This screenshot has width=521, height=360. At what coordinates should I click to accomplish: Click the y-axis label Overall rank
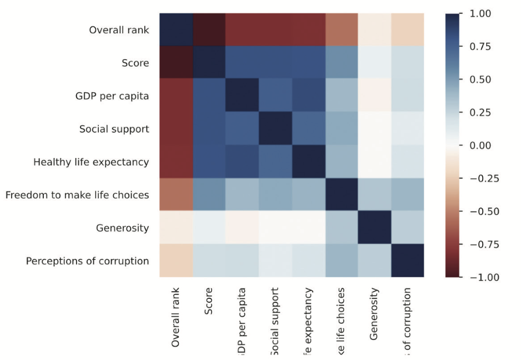[x=119, y=30]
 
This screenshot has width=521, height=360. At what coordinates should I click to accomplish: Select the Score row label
[x=135, y=63]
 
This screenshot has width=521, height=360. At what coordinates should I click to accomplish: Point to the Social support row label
[x=114, y=129]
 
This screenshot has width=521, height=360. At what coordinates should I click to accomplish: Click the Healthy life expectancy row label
[x=91, y=162]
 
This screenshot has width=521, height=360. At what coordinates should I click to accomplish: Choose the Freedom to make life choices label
[x=77, y=195]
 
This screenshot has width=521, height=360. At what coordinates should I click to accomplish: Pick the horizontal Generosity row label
[x=122, y=228]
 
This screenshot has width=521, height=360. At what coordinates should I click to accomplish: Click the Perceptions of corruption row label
[x=88, y=261]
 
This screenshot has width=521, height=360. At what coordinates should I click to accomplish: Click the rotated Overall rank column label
[x=175, y=317]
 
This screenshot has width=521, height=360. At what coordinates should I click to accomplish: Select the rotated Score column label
[x=209, y=301]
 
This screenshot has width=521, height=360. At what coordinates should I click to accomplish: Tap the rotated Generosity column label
[x=375, y=313]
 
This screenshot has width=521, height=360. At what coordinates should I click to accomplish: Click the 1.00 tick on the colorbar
[x=480, y=14]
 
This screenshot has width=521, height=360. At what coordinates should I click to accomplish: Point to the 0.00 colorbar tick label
[x=480, y=145]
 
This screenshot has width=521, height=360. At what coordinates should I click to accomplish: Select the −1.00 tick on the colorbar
[x=477, y=277]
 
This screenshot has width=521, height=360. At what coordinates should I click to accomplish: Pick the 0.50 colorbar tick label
[x=480, y=80]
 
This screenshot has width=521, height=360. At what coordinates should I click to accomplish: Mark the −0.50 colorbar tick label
[x=477, y=211]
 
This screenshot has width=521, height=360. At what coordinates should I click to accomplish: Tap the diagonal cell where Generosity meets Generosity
[x=375, y=228]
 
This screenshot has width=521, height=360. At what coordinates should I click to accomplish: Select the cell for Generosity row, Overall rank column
[x=176, y=228]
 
